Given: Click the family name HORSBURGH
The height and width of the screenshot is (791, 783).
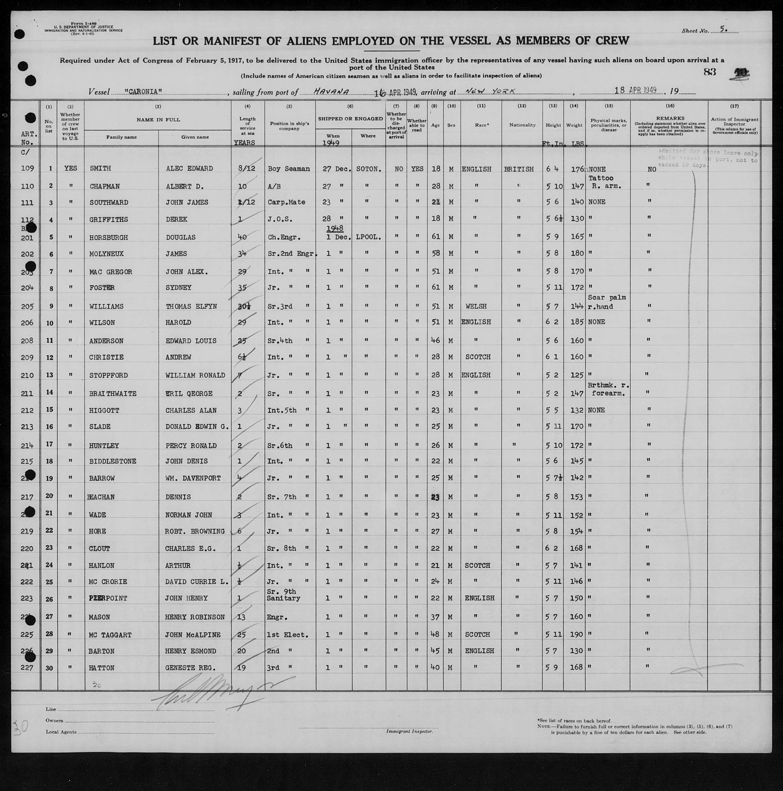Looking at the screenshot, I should tap(109, 238).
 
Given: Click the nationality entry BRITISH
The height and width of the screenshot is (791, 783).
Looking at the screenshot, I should tap(518, 169).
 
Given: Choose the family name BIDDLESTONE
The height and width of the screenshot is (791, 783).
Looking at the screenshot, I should tap(113, 461).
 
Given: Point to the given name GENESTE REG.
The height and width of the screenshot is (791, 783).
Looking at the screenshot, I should tap(191, 668).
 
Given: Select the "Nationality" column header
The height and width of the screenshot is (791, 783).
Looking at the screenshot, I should tap(522, 125).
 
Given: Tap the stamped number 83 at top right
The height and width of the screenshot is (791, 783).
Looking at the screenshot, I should tap(710, 72).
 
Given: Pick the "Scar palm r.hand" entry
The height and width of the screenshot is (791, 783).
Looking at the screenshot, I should tap(607, 302).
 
